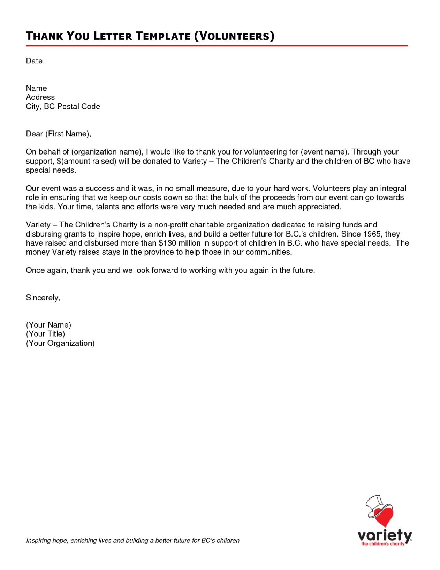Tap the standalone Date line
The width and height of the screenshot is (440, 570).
(34, 61)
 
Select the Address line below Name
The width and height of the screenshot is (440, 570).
(40, 97)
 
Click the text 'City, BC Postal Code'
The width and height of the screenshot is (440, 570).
(63, 107)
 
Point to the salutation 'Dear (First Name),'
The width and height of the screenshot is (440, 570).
(59, 134)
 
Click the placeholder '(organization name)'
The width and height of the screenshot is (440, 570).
(107, 152)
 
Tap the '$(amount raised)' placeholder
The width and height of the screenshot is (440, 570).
(86, 161)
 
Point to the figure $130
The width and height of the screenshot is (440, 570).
(167, 243)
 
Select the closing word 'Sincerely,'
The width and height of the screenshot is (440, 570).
(43, 298)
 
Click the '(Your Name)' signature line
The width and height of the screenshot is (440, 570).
(48, 325)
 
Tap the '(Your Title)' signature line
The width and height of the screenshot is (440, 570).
(45, 334)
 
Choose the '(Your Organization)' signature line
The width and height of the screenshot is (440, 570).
(60, 343)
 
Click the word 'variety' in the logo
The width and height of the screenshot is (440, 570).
(385, 535)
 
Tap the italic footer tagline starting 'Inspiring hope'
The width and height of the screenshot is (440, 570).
(133, 541)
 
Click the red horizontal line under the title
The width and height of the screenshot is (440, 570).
(217, 46)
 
